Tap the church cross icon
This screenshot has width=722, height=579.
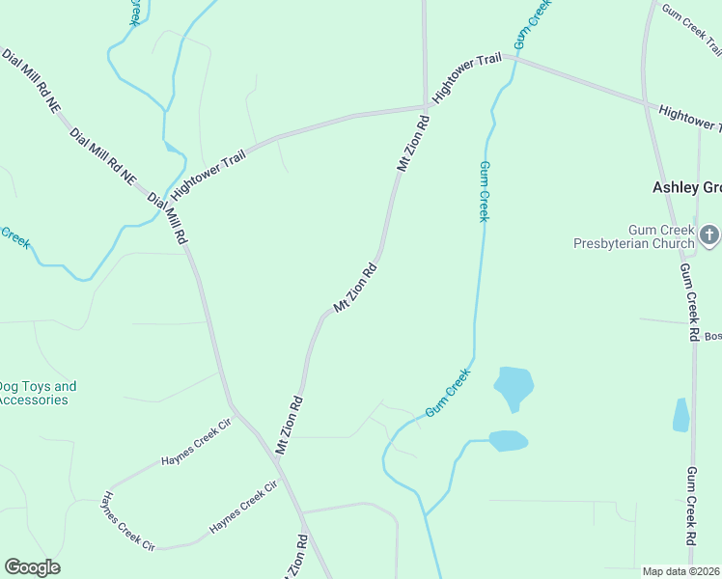[708, 234]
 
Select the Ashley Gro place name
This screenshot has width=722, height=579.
[686, 187]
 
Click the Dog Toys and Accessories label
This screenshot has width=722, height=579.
[37, 393]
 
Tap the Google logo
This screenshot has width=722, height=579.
[32, 567]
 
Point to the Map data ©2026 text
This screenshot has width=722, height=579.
[680, 571]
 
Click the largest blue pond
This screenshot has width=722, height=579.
[513, 386]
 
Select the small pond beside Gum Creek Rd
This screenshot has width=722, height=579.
[681, 415]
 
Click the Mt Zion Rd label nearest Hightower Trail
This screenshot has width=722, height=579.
[413, 144]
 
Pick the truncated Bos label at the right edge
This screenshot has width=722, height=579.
[712, 336]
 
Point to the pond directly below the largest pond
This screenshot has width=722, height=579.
[508, 441]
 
